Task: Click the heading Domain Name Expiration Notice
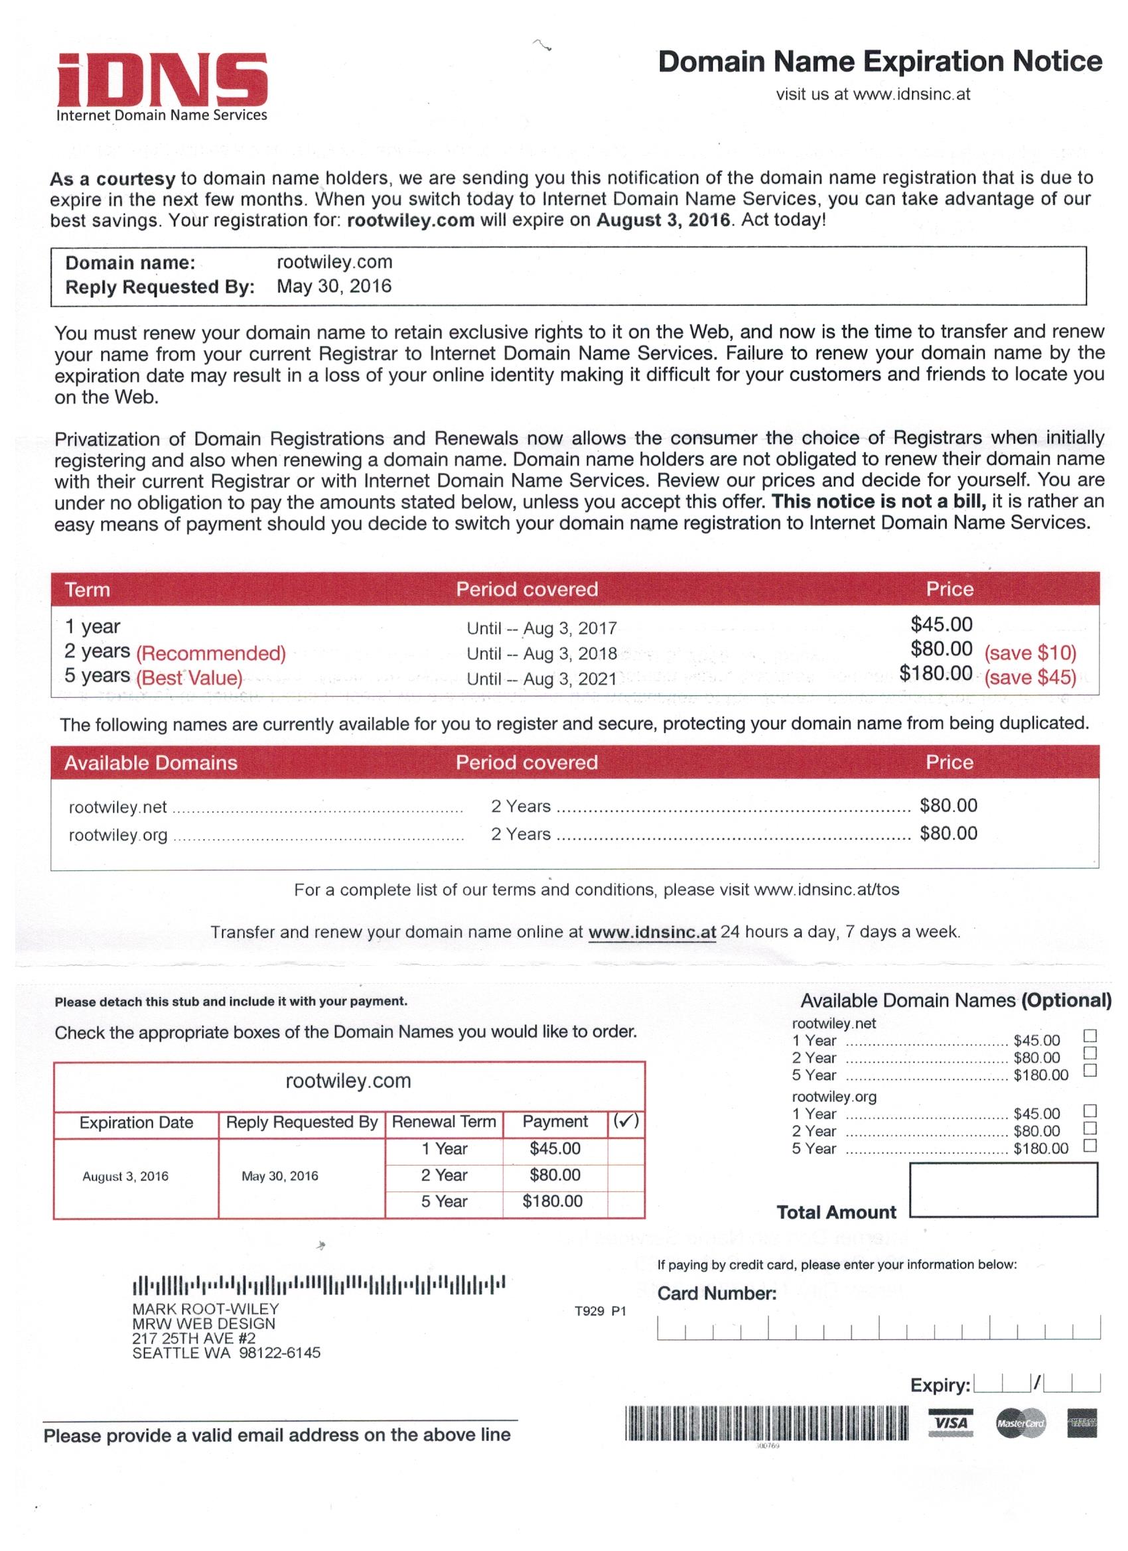(880, 62)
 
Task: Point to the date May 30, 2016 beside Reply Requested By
(334, 286)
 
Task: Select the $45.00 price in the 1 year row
(942, 624)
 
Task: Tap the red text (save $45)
(1030, 677)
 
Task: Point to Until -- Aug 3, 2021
(541, 679)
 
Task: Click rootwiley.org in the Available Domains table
(117, 835)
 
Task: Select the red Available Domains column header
(151, 762)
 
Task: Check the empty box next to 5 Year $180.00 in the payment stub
(625, 1201)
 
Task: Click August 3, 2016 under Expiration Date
(125, 1176)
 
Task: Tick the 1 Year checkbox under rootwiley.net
(1090, 1036)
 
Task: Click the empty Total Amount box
(1003, 1190)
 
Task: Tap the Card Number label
(717, 1293)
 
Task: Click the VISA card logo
(950, 1423)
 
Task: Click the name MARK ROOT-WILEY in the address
(205, 1308)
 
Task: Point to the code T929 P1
(600, 1311)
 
